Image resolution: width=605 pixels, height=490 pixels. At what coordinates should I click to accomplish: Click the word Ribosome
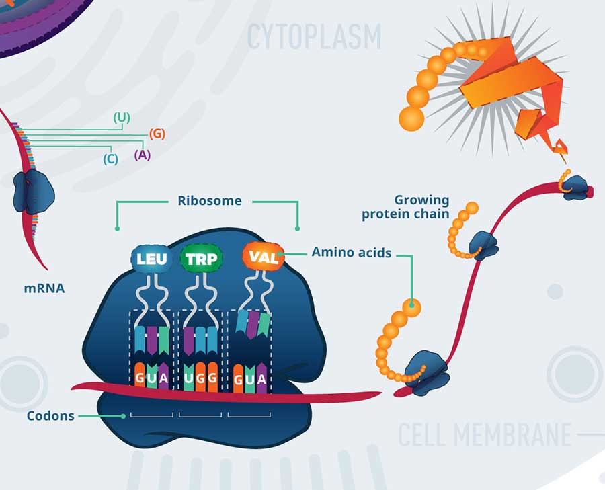pos(209,200)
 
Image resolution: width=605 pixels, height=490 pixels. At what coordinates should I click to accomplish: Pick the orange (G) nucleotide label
pos(157,133)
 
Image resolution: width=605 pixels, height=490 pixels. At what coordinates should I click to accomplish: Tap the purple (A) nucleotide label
pos(142,155)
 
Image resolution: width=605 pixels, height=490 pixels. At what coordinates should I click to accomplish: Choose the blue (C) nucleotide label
pos(111,159)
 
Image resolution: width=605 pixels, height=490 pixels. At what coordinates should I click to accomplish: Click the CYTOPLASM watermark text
pos(314,36)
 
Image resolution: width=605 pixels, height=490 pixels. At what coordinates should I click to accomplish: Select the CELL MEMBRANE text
pos(485,435)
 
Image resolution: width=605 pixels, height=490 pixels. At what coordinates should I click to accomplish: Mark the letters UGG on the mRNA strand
pos(200,378)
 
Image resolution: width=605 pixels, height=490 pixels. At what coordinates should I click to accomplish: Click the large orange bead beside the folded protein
pos(411,118)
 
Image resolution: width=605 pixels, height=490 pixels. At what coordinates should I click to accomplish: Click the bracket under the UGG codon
pos(200,415)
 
